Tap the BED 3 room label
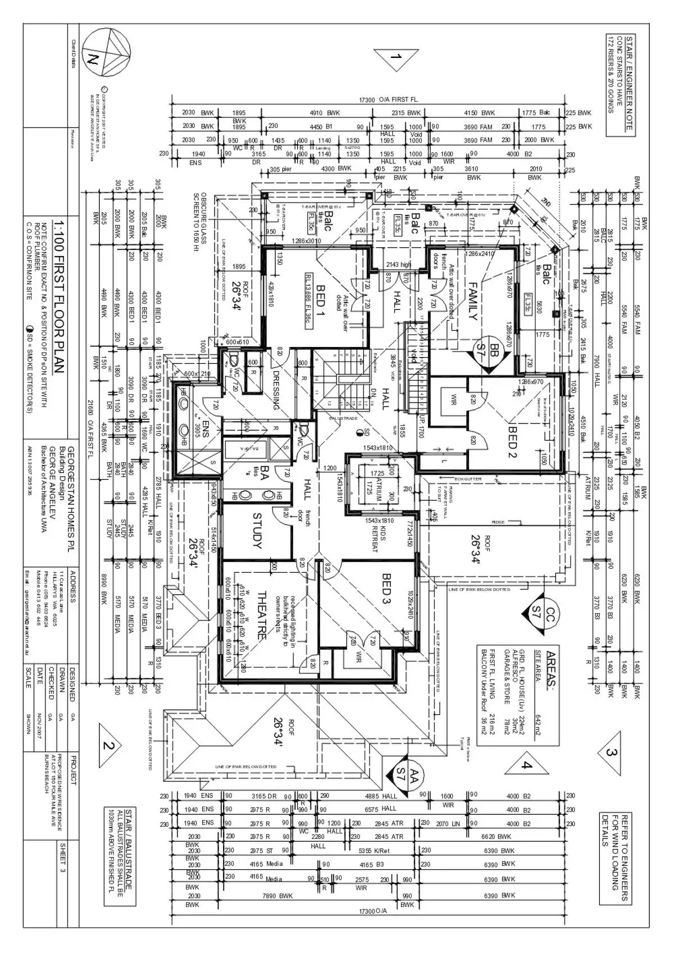coord(387,590)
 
